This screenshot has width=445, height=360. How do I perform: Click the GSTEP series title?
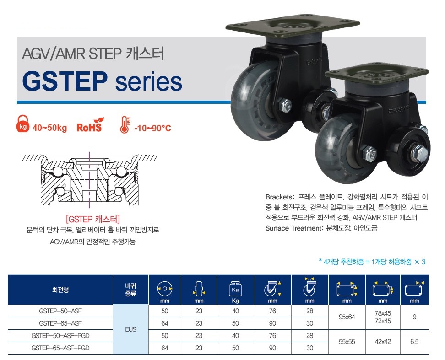pos(102,81)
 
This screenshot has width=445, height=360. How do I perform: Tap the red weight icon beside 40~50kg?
pos(23,124)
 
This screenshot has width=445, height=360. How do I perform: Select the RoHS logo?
pos(90,125)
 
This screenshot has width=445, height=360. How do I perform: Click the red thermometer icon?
pos(125,125)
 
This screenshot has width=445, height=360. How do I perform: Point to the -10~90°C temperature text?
pos(153,128)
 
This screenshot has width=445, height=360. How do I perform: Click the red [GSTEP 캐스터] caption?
pos(93,219)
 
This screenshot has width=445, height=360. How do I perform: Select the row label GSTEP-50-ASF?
pos(60,311)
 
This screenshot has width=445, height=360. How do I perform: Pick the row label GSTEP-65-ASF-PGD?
pos(60,348)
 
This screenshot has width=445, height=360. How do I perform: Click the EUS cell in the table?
pos(130,329)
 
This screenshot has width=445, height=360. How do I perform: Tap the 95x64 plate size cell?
pos(347,317)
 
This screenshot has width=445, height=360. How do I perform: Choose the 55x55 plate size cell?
pos(347,342)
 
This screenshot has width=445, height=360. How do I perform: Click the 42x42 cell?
pos(383,342)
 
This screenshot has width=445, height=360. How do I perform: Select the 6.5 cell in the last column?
pos(414,342)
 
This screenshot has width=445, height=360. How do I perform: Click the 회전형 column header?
pos(60,290)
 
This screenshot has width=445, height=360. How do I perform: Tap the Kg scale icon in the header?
pos(235,289)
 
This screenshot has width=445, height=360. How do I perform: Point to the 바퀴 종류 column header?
pos(130,290)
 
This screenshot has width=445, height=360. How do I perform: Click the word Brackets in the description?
pos(279,197)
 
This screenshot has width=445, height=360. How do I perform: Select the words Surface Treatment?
pos(293,228)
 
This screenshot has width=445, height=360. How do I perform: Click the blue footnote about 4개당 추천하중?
pos(372,262)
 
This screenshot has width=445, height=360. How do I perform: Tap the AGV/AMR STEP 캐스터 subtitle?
pos(93,54)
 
